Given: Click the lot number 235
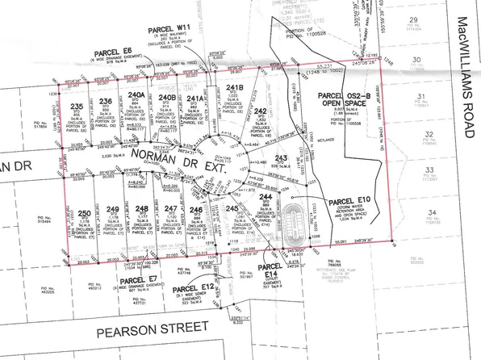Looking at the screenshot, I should click(77, 107).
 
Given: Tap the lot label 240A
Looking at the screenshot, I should click(137, 95).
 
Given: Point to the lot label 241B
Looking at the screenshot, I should click(235, 87).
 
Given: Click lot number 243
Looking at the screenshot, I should click(282, 157).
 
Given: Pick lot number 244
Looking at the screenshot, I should click(266, 197).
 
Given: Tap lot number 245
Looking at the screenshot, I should click(232, 209).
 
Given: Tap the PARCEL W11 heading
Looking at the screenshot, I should click(171, 27).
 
